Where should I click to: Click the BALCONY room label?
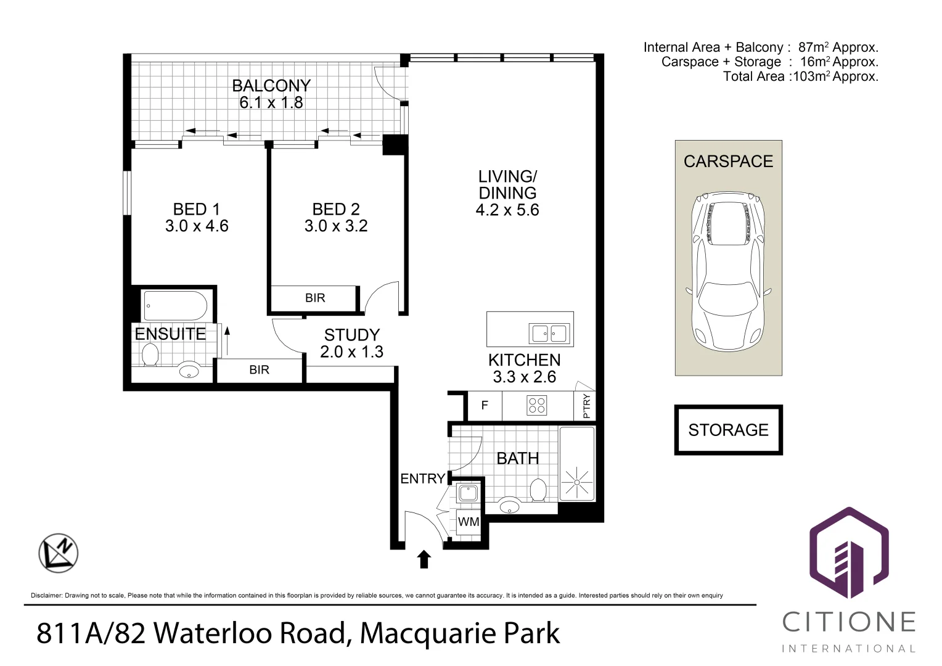271,85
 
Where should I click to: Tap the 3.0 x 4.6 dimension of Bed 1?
197,226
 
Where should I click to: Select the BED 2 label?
335,209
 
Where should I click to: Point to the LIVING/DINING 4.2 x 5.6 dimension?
507,210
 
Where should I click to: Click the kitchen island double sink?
548,334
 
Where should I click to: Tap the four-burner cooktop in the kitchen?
536,405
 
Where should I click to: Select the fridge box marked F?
485,405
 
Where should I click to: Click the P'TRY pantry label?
586,406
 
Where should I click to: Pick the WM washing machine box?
469,522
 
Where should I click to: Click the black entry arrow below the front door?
424,559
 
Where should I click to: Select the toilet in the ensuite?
150,355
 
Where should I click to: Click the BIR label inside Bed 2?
314,298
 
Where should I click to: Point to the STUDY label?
351,335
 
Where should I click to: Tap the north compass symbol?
59,553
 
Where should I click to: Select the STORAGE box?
728,430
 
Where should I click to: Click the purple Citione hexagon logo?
849,553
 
